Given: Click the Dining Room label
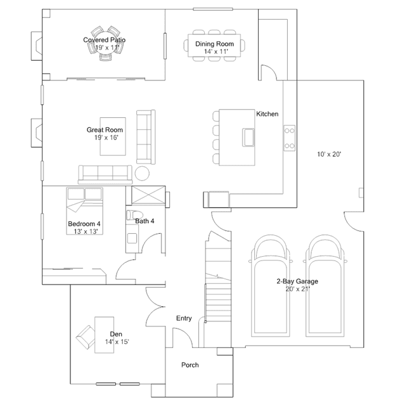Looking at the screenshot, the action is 214,44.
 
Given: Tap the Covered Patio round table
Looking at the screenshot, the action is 106,43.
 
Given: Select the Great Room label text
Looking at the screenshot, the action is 105,130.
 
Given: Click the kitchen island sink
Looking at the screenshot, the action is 248,138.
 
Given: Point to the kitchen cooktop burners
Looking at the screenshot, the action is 290,138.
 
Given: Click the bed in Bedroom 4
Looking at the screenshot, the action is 85,211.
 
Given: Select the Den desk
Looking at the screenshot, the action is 105,335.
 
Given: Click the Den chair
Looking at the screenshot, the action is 86,337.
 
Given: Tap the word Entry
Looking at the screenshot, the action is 184,318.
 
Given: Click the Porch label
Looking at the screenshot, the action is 190,365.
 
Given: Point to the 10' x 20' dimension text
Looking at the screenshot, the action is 329,155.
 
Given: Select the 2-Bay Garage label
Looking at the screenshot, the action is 297,281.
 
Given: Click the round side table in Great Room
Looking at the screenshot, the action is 142,173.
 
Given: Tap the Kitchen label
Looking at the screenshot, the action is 267,114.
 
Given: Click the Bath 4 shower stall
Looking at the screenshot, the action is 148,195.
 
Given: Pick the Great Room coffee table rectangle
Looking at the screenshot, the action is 113,136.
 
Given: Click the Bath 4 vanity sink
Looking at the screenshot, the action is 132,238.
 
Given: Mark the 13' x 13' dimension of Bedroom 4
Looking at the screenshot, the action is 86,231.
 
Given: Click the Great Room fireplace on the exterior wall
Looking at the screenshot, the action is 37,132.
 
